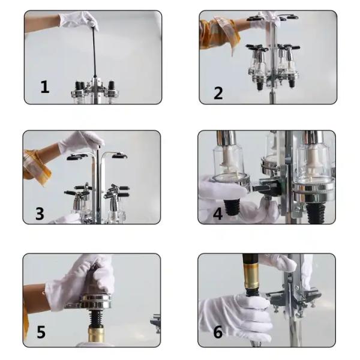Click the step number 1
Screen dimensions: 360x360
click(45, 86)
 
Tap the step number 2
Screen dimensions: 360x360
click(218, 93)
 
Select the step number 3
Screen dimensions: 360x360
click(40, 214)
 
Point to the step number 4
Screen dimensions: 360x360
click(218, 214)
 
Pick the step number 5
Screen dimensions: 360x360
click(41, 332)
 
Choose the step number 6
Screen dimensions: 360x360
click(218, 332)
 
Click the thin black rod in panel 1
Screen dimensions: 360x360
click(94, 52)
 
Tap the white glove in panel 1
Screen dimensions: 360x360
click(79, 20)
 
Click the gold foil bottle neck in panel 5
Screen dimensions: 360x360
click(96, 335)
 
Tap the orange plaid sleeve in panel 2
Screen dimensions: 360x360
click(219, 34)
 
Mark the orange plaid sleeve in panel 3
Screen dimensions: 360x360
click(37, 166)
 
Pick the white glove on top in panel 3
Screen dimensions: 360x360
click(82, 143)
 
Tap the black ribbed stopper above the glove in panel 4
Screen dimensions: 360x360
click(232, 208)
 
